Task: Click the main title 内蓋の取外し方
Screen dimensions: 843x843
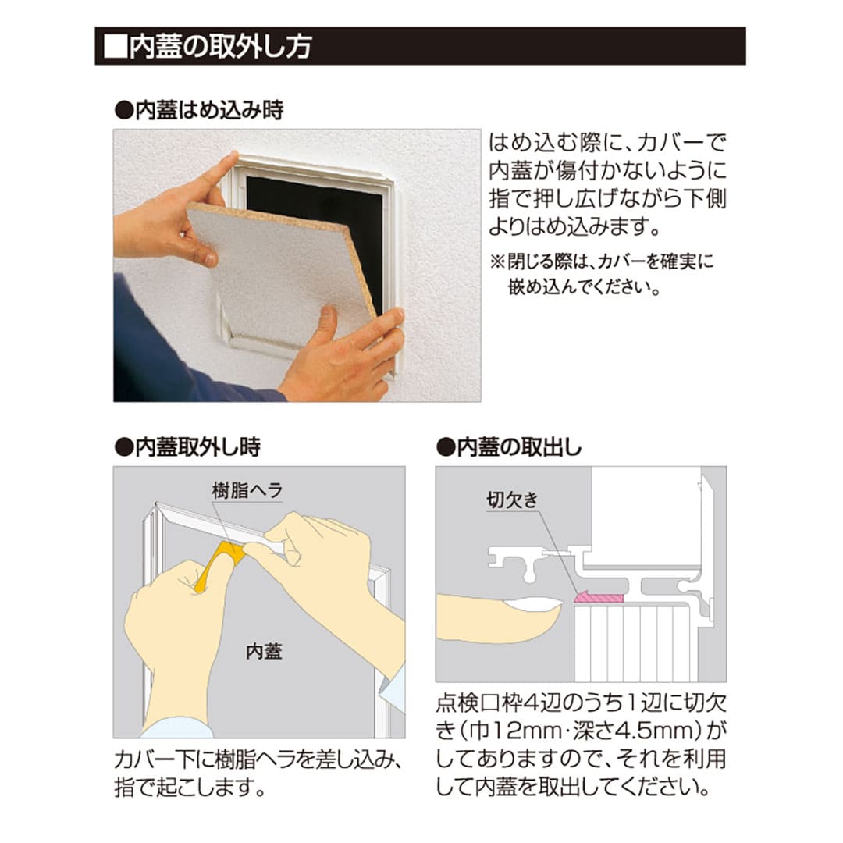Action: coord(219,46)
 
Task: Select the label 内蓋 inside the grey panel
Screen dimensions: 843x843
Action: coord(263,652)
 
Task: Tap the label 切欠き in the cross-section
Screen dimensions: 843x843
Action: coord(512,500)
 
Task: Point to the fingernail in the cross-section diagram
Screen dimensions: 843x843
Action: coord(534,603)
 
